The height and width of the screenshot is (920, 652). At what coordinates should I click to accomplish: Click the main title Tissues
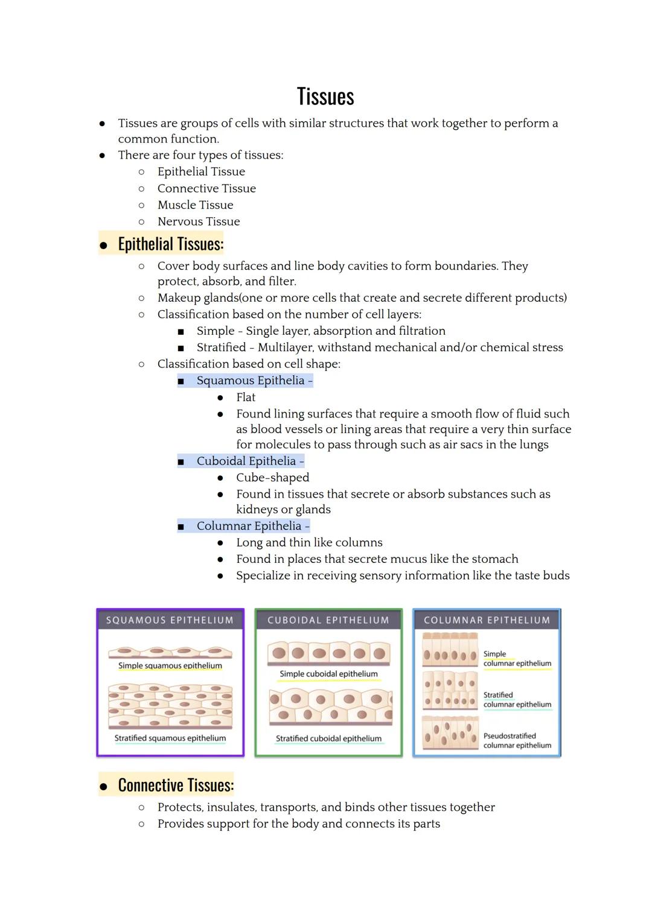[325, 97]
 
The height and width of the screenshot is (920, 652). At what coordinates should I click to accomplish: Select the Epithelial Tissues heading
[170, 244]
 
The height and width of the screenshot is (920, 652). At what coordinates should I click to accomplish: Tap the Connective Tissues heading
[175, 785]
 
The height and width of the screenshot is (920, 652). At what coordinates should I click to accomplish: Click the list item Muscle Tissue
[195, 205]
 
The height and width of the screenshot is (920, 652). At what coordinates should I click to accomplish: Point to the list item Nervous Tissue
[199, 221]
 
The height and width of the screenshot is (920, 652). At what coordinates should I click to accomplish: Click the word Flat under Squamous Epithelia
[246, 398]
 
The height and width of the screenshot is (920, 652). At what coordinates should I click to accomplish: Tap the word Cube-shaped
[272, 478]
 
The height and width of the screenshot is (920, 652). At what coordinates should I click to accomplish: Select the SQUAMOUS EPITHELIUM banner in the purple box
[170, 620]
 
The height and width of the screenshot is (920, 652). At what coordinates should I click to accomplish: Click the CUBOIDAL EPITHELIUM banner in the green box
[328, 620]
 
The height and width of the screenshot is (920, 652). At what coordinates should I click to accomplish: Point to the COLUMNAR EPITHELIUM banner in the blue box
[487, 620]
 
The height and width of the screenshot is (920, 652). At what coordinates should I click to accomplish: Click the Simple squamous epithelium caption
[170, 666]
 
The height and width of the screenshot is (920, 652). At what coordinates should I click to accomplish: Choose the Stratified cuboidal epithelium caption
[328, 738]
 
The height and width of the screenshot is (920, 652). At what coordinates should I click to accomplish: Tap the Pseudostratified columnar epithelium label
[517, 741]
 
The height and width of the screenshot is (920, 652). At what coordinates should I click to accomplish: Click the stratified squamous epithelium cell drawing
[170, 706]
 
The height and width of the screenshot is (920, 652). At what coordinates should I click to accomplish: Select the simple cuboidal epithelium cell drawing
[328, 653]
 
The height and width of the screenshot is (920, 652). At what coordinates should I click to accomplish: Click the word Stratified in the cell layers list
[221, 347]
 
